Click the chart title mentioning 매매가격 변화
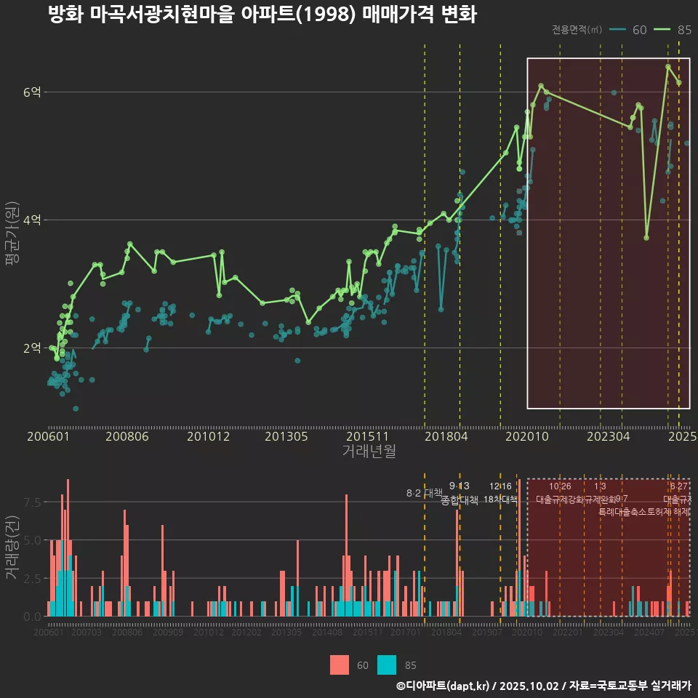coord(262,15)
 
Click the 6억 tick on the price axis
coord(33,92)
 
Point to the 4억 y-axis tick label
coord(33,220)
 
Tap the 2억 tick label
coord(33,348)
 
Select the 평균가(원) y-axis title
coord(12,236)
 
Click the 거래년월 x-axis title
coord(369,452)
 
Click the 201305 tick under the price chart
coord(286,437)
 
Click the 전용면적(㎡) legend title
coord(577,30)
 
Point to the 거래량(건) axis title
coord(12,547)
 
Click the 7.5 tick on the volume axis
coord(33,502)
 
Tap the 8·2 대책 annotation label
coord(424,493)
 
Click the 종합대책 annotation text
coord(460,500)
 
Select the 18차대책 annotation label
coord(500,500)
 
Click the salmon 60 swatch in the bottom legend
coord(339,665)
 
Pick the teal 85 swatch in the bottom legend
coord(388,665)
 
